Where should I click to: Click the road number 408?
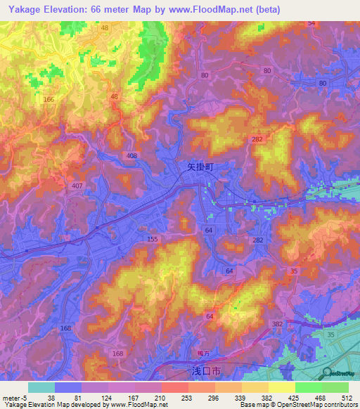(x=132, y=155)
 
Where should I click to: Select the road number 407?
(x=77, y=186)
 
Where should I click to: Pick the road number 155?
(x=153, y=240)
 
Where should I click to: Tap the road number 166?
(x=49, y=100)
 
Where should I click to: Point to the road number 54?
(x=311, y=23)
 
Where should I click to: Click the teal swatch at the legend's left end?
(x=41, y=387)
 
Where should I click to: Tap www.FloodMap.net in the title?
(x=214, y=9)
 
